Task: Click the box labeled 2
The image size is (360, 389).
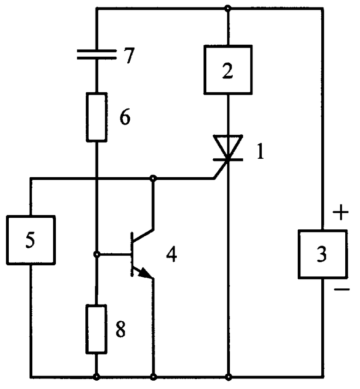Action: click(x=228, y=70)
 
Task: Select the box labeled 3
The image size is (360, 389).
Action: click(x=322, y=254)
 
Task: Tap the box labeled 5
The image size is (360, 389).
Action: click(x=31, y=240)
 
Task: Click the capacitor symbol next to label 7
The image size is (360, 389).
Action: click(x=96, y=54)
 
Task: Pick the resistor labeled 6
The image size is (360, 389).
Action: click(x=96, y=117)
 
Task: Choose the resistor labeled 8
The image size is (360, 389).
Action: click(x=96, y=329)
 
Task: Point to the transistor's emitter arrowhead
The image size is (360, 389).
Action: click(x=145, y=273)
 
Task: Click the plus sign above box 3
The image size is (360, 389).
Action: click(x=341, y=212)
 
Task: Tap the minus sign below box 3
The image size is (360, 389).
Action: click(x=342, y=289)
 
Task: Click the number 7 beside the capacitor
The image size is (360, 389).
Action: click(x=129, y=55)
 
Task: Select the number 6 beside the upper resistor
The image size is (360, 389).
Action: click(x=125, y=117)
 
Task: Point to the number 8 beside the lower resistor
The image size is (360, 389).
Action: click(x=120, y=329)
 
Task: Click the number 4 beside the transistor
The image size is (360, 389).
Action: click(x=172, y=254)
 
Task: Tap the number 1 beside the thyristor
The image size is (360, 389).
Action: click(x=260, y=151)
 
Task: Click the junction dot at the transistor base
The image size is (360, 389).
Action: click(x=97, y=254)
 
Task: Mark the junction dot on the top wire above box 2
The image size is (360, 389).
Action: click(x=228, y=9)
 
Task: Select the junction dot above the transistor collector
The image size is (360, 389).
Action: click(x=153, y=178)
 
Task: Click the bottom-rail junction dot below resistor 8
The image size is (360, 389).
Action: click(x=96, y=377)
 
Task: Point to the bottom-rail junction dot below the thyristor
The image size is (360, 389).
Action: click(x=228, y=377)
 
